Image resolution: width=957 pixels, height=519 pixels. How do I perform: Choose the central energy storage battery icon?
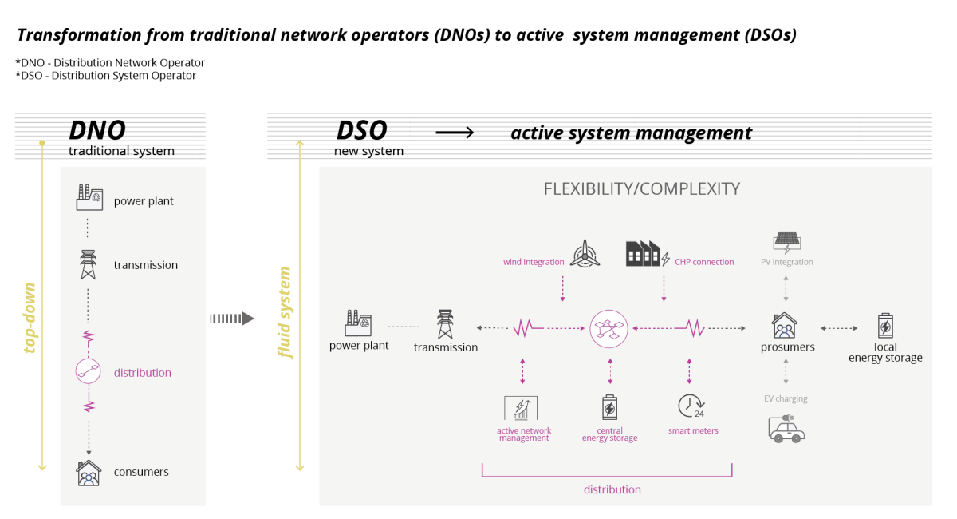(609, 408)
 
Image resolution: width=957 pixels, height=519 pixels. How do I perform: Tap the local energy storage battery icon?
(885, 327)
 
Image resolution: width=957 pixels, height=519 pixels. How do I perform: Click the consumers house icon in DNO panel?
(89, 473)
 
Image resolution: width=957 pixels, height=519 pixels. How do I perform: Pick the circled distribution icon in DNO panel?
(89, 371)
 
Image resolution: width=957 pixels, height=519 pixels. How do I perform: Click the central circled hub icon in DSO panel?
(610, 327)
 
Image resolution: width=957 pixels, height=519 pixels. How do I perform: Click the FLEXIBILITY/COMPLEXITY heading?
(641, 189)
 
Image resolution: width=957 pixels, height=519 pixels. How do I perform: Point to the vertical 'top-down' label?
(31, 318)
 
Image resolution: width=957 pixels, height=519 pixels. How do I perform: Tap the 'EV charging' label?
(786, 398)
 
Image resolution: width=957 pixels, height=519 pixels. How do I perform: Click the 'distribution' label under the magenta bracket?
(612, 489)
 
